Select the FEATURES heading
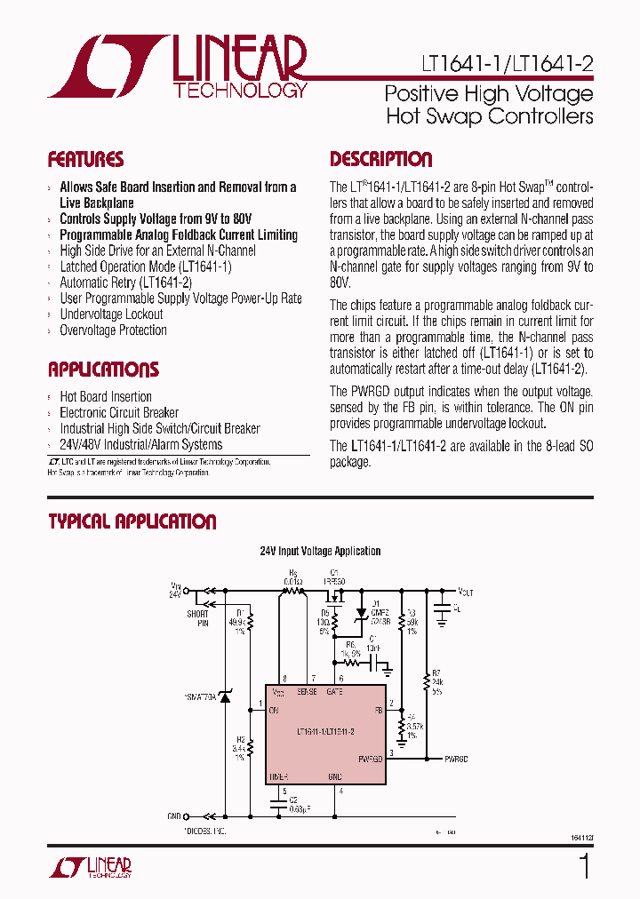coord(85,160)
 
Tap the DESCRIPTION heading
coord(380,160)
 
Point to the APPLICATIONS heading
coord(103,370)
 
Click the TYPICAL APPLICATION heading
coord(132,521)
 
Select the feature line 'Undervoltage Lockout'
coord(111,314)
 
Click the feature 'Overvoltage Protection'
coord(113,330)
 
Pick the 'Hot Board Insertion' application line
coord(105,396)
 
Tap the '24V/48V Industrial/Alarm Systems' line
coord(140,444)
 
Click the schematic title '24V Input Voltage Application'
coord(320,552)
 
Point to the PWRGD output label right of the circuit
coord(456,759)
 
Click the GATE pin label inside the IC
coord(335,691)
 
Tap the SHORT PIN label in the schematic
coord(197,617)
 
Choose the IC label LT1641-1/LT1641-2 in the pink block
coord(325,731)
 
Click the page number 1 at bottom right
coord(584,865)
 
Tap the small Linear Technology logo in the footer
coord(90,868)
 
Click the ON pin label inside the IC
coord(274,710)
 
